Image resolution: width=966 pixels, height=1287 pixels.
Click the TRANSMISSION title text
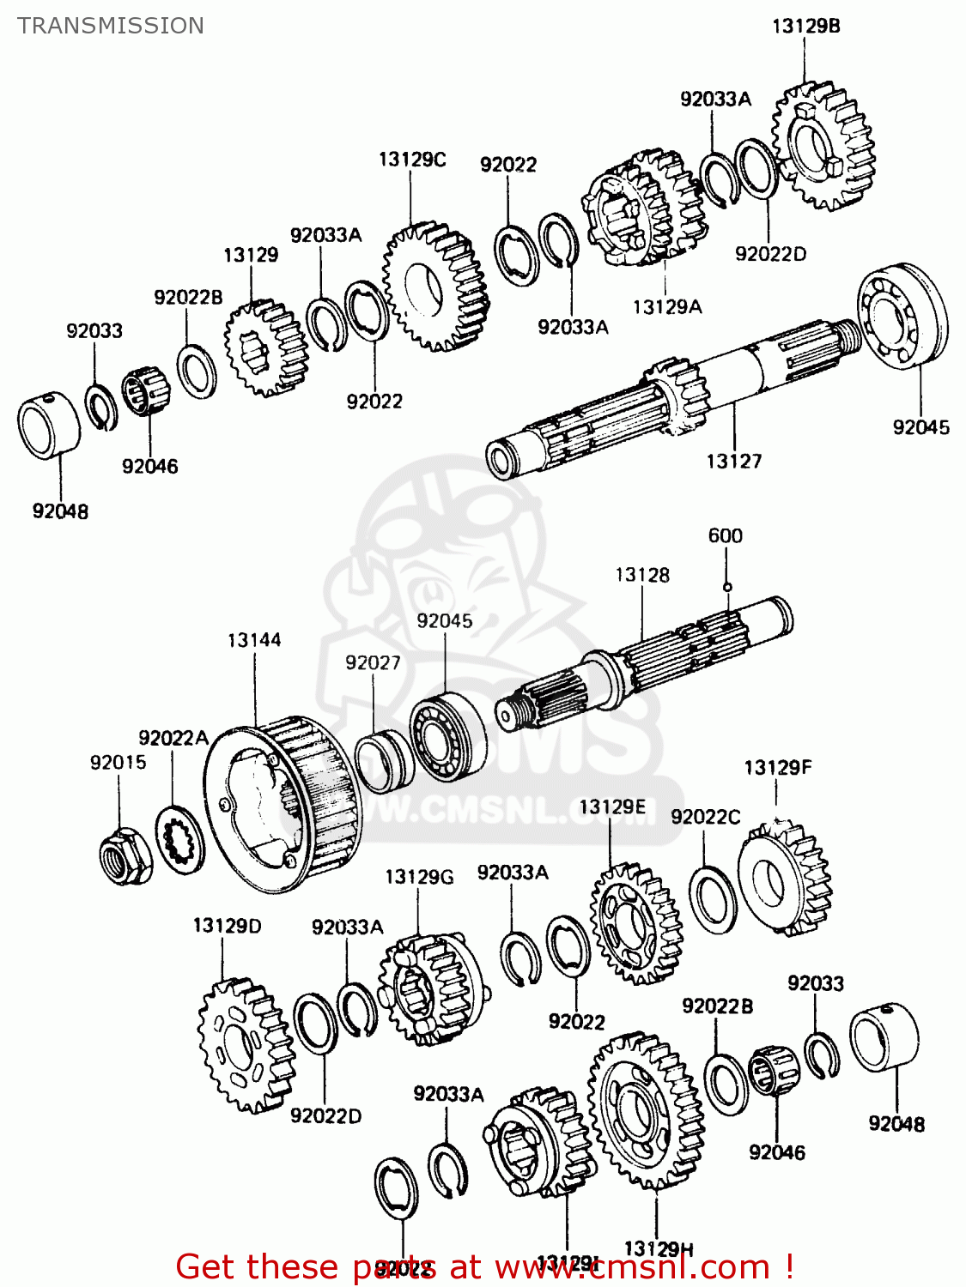(x=111, y=26)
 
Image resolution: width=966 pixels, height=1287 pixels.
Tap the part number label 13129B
(x=805, y=26)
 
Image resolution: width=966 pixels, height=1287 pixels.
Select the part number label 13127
(x=733, y=462)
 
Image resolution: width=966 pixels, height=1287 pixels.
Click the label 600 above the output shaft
(x=725, y=536)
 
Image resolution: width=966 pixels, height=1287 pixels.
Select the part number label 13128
(x=642, y=575)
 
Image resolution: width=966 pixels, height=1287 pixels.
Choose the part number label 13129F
(x=777, y=767)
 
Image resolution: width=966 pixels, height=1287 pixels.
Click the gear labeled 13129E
(x=636, y=923)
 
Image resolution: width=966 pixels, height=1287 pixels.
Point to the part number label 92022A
(x=173, y=738)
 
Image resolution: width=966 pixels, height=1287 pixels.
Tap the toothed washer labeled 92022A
(x=180, y=841)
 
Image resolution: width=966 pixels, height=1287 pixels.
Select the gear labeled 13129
(x=265, y=348)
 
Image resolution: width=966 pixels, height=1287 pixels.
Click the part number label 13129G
(x=419, y=877)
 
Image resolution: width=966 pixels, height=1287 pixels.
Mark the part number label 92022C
(x=705, y=817)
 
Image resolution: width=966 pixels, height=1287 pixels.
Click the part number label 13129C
(x=412, y=160)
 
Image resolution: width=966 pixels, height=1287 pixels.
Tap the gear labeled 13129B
(x=823, y=146)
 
